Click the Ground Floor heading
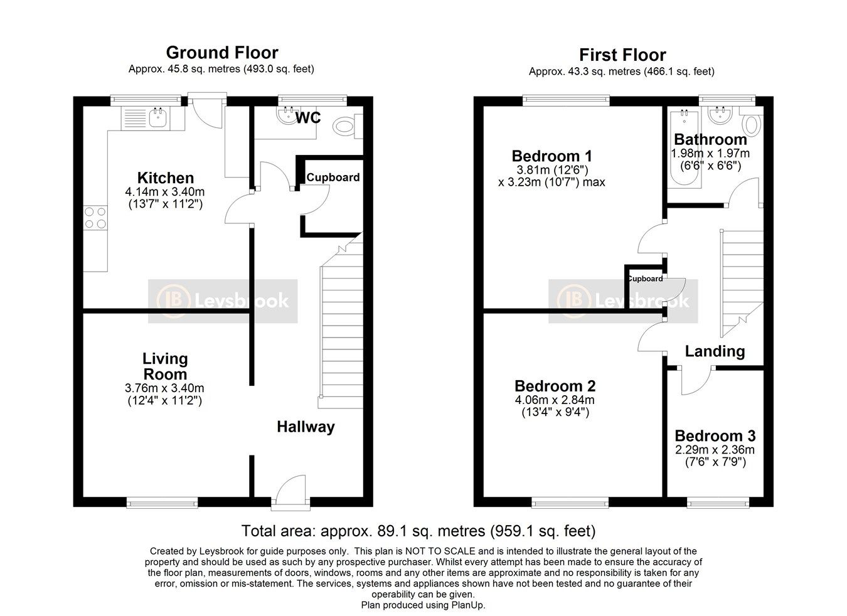[x=222, y=53]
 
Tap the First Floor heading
[x=623, y=55]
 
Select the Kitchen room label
[x=166, y=178]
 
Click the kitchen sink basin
[x=159, y=117]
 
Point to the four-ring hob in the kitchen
[x=95, y=218]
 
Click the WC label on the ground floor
[x=308, y=118]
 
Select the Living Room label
[x=165, y=366]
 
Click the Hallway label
[x=306, y=427]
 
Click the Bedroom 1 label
[x=552, y=156]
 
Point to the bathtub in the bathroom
[x=685, y=147]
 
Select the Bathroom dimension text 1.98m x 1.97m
[x=710, y=154]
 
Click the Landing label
[x=715, y=352]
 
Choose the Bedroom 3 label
[x=715, y=436]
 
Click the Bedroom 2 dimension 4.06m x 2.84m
[x=555, y=400]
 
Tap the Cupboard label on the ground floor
[x=333, y=178]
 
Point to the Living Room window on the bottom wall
[x=162, y=502]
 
